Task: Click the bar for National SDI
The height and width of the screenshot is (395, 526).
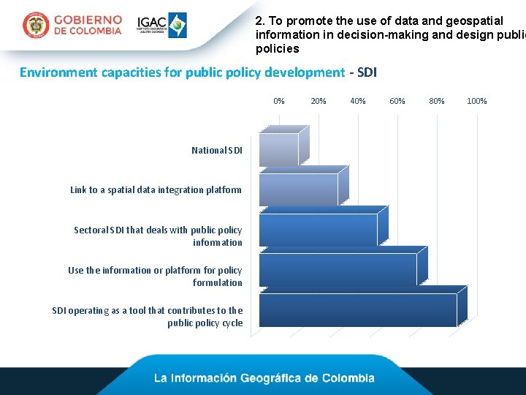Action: click(x=279, y=149)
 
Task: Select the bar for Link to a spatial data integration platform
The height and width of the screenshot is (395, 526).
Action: click(x=298, y=189)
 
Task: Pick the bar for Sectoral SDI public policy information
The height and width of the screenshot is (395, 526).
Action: click(x=318, y=229)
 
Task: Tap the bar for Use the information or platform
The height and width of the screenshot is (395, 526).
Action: click(x=338, y=269)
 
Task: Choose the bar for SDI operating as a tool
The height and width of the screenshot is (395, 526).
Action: click(x=358, y=309)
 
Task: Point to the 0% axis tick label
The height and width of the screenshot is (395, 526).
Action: click(x=279, y=101)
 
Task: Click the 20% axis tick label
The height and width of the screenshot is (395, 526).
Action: click(x=319, y=101)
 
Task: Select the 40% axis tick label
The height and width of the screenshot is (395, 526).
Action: click(x=358, y=101)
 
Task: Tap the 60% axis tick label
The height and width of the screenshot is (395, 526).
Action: click(x=397, y=101)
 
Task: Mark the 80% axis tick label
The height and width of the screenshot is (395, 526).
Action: click(x=437, y=101)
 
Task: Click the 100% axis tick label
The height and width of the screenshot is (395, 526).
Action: click(x=477, y=101)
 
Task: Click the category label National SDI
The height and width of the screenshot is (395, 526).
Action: click(x=217, y=150)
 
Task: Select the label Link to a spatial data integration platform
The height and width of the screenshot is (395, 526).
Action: click(x=156, y=189)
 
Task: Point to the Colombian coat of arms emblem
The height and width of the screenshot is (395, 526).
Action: click(x=35, y=26)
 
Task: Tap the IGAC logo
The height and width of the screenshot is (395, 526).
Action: click(x=162, y=25)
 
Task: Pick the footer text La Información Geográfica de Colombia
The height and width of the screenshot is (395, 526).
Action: click(x=264, y=378)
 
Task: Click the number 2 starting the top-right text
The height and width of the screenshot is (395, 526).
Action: click(x=259, y=20)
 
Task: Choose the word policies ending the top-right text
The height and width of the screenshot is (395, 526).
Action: click(x=277, y=48)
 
